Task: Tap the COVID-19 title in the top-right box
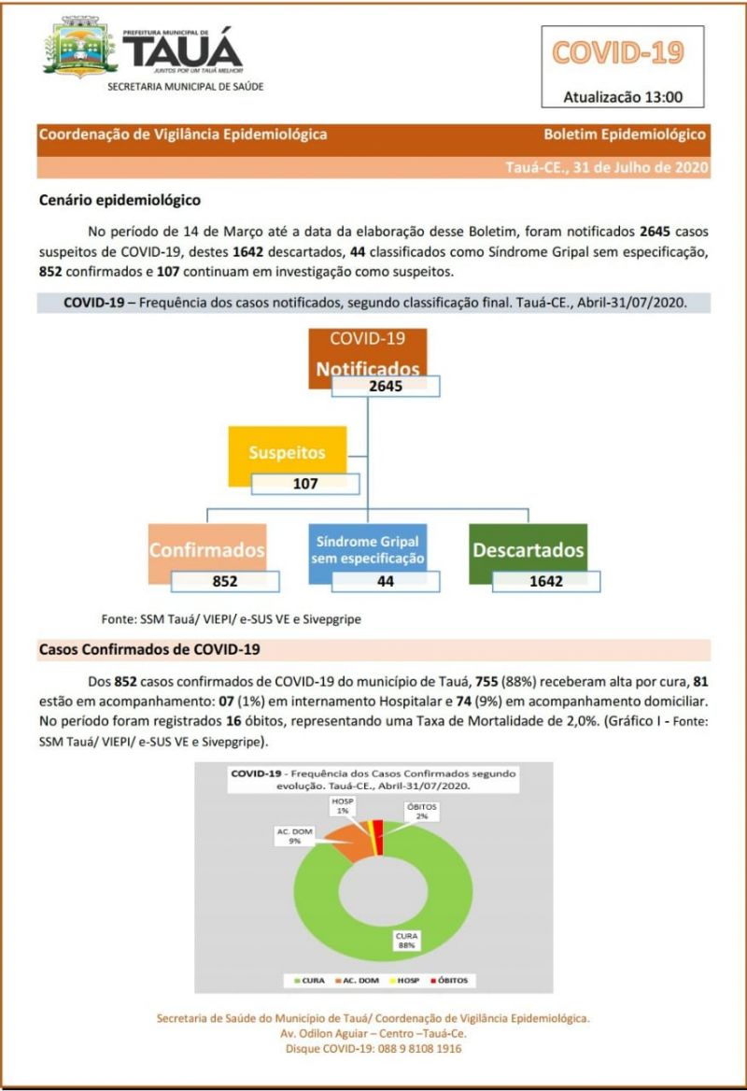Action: (618, 52)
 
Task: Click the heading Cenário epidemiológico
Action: (120, 200)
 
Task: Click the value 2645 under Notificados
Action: (385, 387)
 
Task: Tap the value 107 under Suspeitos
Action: (305, 484)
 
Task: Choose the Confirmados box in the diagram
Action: (207, 549)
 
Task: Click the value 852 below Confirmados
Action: (224, 581)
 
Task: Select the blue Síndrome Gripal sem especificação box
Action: (367, 549)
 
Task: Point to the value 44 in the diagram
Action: (385, 581)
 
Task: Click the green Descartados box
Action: (528, 549)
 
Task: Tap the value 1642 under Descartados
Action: (545, 581)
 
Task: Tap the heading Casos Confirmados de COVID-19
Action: (149, 649)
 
